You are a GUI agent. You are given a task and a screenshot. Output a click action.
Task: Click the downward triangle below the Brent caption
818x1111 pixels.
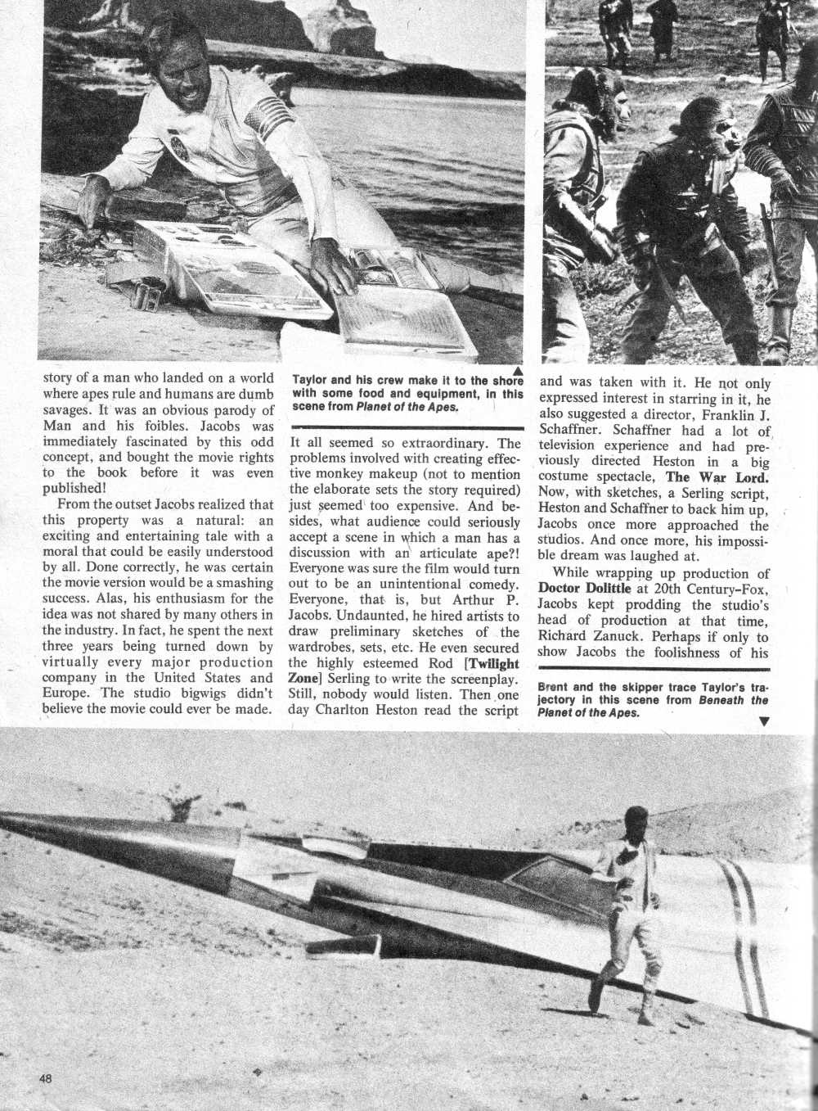pos(763,721)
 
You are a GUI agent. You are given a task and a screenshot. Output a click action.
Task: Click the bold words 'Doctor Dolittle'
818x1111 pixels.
pos(584,589)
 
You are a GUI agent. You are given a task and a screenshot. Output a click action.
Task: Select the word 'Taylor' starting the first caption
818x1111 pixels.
pos(312,381)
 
